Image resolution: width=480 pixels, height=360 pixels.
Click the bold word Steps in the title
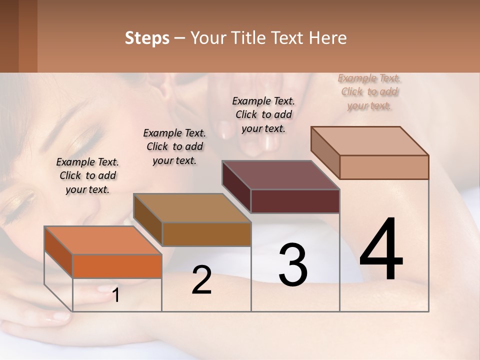[147, 38]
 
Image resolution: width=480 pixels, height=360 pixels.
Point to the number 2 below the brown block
[202, 280]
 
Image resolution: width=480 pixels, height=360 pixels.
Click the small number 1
[116, 295]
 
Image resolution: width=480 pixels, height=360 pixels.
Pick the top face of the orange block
[103, 240]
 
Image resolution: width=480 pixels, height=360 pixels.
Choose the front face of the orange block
[117, 266]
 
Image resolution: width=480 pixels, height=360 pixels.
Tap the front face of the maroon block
[295, 201]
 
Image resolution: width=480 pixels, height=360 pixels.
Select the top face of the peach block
[370, 141]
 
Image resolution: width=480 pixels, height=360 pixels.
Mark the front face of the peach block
[384, 167]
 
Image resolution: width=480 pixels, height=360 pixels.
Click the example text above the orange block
[87, 175]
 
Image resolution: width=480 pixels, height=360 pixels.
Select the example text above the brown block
[174, 146]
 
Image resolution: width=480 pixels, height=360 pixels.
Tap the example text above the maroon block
[263, 114]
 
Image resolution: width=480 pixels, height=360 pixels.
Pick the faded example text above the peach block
[369, 91]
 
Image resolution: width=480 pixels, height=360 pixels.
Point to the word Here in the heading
[328, 38]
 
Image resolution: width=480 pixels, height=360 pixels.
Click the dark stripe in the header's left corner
[9, 36]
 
